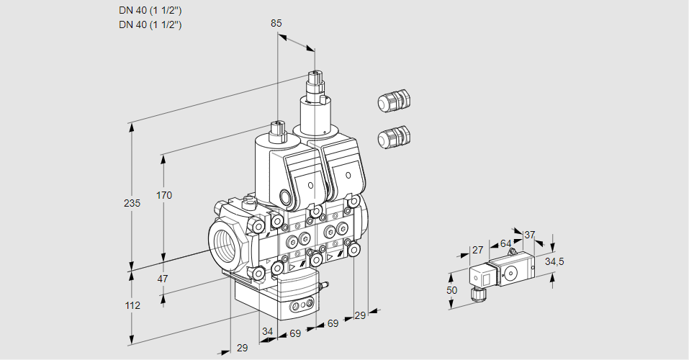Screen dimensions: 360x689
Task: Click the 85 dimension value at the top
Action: point(276,23)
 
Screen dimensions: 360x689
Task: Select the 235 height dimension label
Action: point(132,204)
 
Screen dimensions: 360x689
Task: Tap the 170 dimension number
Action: point(165,195)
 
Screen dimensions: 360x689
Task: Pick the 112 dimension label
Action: point(132,305)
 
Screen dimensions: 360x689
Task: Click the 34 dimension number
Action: point(267,332)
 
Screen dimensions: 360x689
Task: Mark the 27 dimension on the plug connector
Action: point(477,250)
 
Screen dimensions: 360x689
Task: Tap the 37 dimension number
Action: point(529,235)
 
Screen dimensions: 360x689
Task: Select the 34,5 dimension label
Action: point(554,261)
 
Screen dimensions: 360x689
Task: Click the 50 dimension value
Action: point(451,290)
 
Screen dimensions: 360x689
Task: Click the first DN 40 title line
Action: point(150,10)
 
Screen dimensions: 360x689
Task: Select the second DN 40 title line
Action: point(150,24)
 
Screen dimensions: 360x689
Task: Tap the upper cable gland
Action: point(393,101)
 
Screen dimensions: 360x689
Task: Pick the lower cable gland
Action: point(393,136)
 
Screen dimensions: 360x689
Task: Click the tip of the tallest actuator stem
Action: point(314,73)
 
